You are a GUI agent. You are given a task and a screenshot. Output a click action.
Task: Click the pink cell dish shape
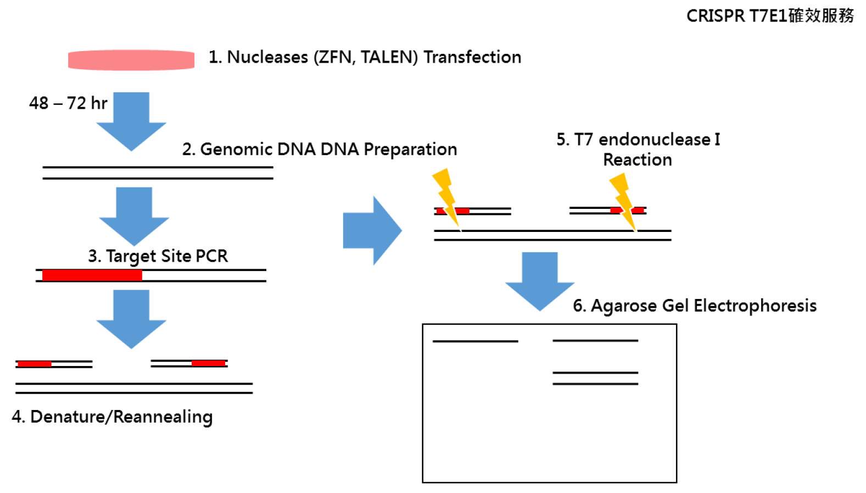coord(131,60)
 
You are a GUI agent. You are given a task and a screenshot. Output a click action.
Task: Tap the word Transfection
coord(472,57)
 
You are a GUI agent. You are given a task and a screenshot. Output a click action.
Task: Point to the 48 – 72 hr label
coord(68,103)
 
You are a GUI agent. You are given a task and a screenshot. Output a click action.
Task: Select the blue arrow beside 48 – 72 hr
coord(131,121)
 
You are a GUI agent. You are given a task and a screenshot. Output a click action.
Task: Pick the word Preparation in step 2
coord(410,149)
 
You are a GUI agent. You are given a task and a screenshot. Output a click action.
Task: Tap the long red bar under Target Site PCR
coord(92,275)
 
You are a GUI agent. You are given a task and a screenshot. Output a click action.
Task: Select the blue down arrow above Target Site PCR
coord(134,217)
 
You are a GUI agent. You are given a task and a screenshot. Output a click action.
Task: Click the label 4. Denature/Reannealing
coord(112,417)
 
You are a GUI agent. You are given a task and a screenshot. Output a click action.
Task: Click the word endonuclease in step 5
coord(654,139)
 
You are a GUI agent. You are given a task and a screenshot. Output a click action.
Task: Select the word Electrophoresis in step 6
coord(755,306)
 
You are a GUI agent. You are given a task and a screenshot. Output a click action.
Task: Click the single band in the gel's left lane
coord(475,341)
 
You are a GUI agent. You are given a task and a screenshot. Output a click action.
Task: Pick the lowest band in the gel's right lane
coord(595,384)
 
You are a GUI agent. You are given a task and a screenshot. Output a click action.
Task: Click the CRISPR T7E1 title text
coord(770,16)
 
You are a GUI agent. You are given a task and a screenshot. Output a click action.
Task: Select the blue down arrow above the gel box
coord(540,282)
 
